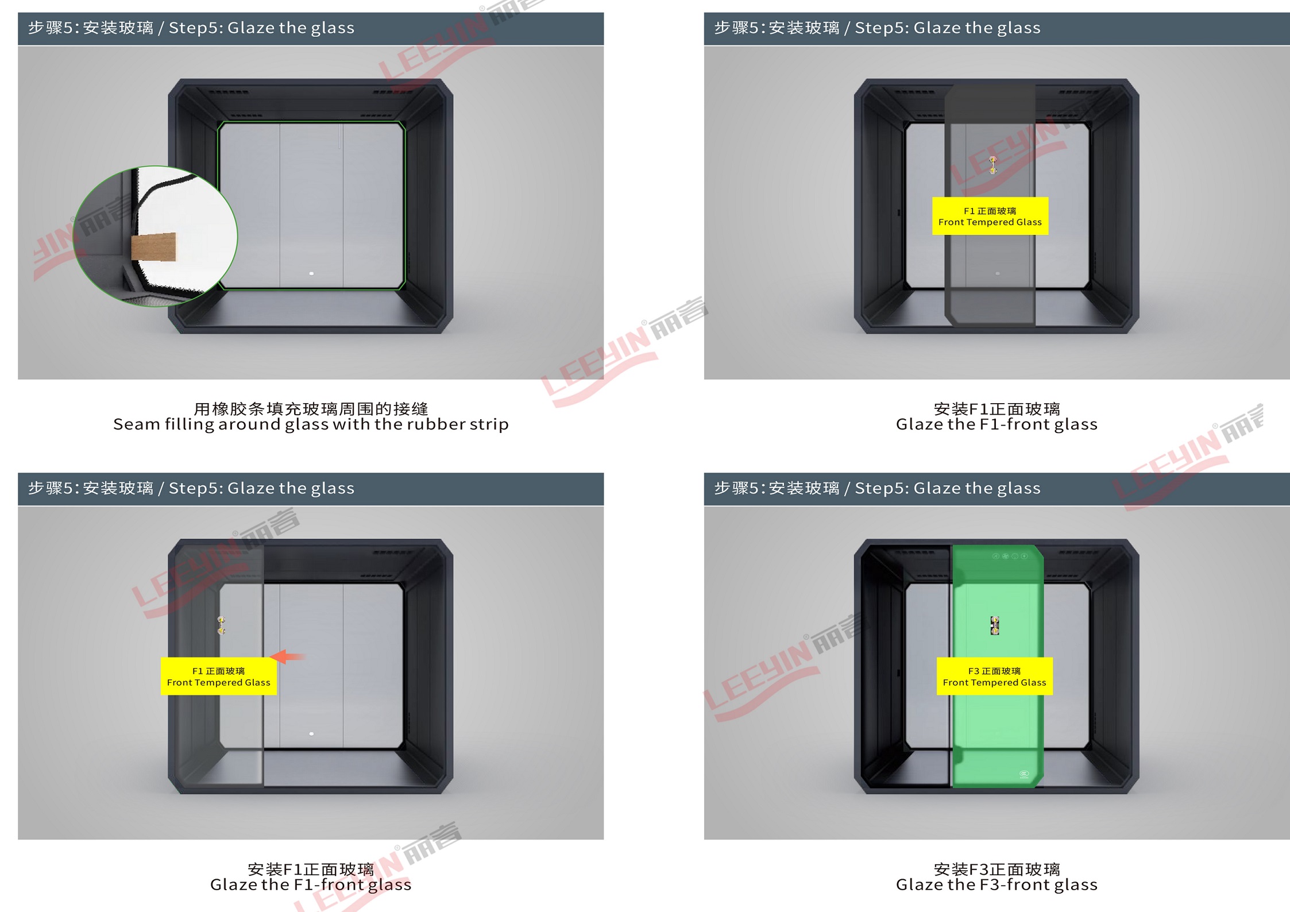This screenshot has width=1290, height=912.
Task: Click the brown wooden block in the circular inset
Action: (x=154, y=248)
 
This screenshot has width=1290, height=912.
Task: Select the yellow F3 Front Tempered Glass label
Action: (x=994, y=676)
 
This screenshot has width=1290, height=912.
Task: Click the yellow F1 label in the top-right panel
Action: (x=990, y=216)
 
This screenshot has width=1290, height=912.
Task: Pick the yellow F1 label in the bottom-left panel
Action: (x=218, y=676)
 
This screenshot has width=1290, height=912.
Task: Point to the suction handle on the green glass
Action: (x=995, y=625)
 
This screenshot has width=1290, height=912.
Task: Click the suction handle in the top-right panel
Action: (x=993, y=165)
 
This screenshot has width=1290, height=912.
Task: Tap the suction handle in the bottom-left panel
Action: (x=221, y=625)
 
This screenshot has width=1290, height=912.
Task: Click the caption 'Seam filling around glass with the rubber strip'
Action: (x=311, y=424)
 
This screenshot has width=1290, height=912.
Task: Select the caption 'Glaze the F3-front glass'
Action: (x=997, y=884)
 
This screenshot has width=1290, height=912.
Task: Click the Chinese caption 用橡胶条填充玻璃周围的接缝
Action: (x=311, y=408)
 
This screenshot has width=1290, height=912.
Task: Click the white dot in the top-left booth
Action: (x=311, y=273)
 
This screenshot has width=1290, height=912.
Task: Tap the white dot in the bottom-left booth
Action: (x=311, y=734)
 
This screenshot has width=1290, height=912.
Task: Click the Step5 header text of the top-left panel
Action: (x=191, y=28)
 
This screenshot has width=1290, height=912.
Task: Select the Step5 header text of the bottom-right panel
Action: (x=877, y=488)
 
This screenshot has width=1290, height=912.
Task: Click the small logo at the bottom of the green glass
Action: (x=1024, y=774)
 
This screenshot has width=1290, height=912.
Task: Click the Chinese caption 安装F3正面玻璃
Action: (x=997, y=869)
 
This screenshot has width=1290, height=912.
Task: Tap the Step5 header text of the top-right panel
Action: (x=877, y=28)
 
